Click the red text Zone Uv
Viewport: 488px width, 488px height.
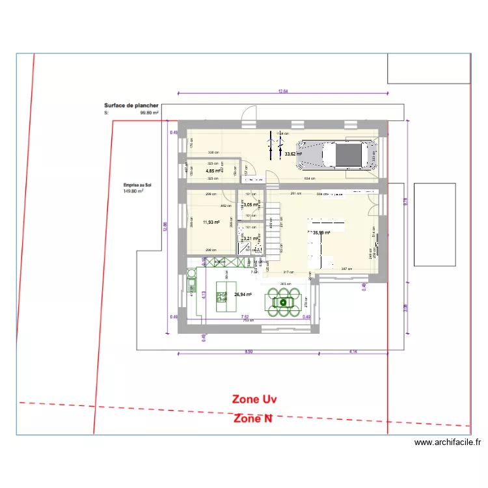pyautogui.click(x=255, y=399)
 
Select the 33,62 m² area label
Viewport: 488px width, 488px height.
pyautogui.click(x=293, y=154)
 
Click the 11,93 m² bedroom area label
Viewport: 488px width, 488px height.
pyautogui.click(x=211, y=222)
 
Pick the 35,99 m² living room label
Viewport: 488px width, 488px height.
pyautogui.click(x=321, y=232)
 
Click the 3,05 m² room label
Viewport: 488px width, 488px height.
pyautogui.click(x=251, y=204)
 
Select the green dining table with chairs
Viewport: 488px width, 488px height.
pyautogui.click(x=284, y=301)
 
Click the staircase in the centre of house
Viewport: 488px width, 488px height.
pyautogui.click(x=273, y=228)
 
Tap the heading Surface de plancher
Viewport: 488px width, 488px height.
pyautogui.click(x=131, y=105)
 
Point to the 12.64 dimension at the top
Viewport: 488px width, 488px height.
pyautogui.click(x=282, y=91)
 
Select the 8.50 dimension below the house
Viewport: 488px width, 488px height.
pyautogui.click(x=248, y=351)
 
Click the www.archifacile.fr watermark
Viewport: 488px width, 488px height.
pyautogui.click(x=448, y=442)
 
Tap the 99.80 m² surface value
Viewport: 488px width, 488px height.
pyautogui.click(x=150, y=112)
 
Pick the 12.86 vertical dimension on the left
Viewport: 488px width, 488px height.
pyautogui.click(x=165, y=224)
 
